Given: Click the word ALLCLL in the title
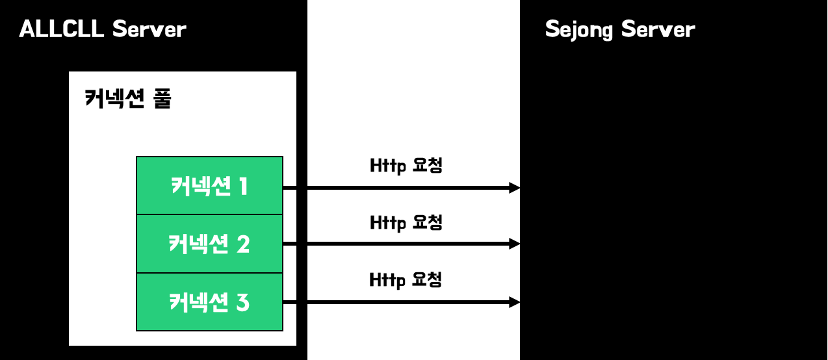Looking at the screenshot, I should click(62, 29).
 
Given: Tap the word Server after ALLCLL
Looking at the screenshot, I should click(149, 29).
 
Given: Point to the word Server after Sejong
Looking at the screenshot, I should click(658, 29).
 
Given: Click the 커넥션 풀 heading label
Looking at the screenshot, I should click(127, 99).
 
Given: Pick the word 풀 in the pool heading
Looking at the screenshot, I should click(162, 99).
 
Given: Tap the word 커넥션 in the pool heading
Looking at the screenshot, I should click(114, 99).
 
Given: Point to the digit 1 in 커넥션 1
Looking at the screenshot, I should click(243, 187).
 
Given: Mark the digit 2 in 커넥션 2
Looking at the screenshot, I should click(243, 244).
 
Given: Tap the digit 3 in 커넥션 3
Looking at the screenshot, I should click(243, 303).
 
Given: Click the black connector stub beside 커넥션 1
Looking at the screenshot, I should click(290, 188).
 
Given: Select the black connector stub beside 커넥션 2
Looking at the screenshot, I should click(290, 244).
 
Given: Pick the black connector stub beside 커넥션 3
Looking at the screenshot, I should click(290, 303).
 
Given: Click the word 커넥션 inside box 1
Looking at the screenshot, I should click(201, 187).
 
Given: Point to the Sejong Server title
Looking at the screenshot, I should click(619, 30).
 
